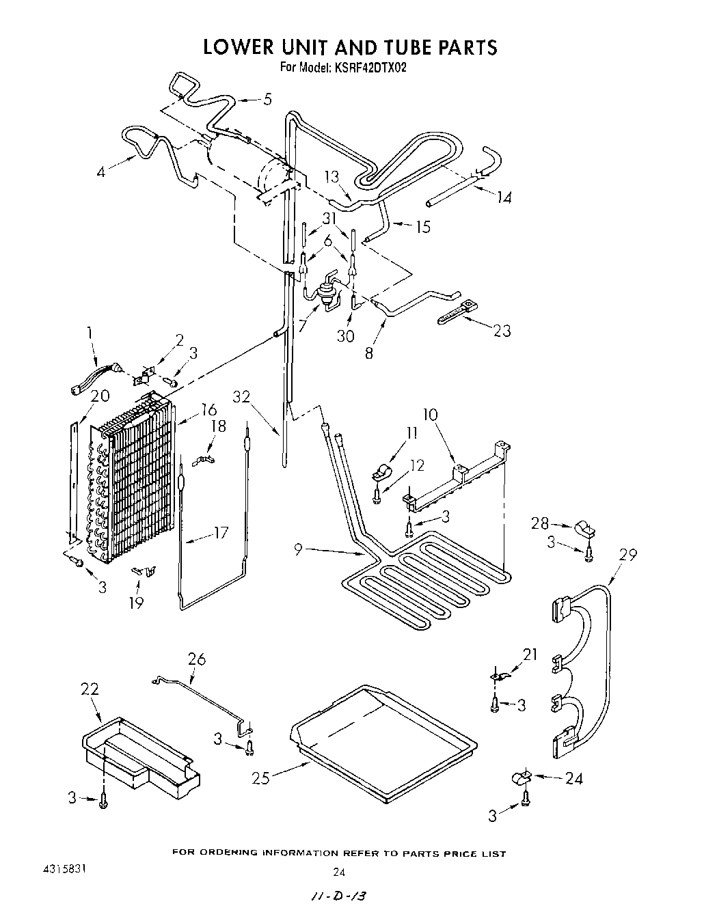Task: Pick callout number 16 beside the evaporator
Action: click(208, 409)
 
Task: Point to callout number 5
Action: click(267, 99)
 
